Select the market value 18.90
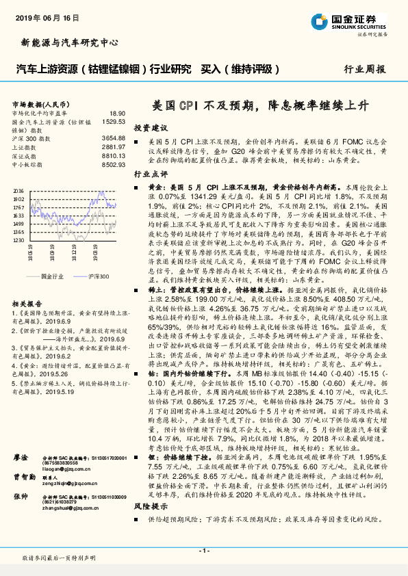click(x=117, y=113)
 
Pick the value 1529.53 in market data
click(x=114, y=121)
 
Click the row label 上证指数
click(x=24, y=147)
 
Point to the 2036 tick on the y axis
click(x=18, y=191)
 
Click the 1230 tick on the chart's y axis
click(x=18, y=241)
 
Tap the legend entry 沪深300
click(x=98, y=276)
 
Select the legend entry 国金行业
click(x=53, y=276)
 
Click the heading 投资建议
click(x=150, y=128)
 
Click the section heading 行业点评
click(x=150, y=174)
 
